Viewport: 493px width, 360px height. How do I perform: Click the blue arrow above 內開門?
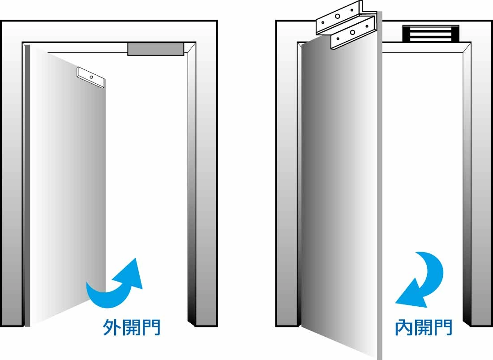click(423, 280)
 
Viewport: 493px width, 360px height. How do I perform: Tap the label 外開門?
click(132, 327)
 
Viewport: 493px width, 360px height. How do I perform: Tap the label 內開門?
click(424, 327)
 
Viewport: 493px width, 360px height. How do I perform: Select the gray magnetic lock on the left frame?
click(155, 49)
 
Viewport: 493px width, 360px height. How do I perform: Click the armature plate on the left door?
click(91, 77)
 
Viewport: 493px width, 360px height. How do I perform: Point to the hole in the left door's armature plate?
click(91, 77)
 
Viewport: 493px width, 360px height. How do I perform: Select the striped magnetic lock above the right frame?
click(431, 34)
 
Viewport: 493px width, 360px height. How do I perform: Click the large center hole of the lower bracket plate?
click(353, 32)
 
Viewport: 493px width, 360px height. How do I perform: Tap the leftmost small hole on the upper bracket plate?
click(323, 22)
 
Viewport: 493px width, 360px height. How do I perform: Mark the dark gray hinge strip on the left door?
click(28, 184)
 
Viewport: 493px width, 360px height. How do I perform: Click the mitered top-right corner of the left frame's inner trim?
click(192, 46)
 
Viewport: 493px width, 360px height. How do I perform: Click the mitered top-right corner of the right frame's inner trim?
click(467, 46)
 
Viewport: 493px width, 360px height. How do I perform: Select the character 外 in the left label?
click(111, 327)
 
